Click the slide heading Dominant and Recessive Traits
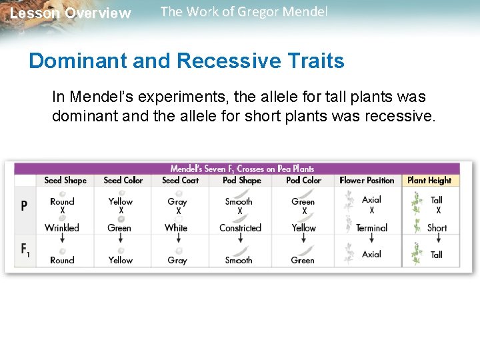[187, 61]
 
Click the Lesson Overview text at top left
[71, 13]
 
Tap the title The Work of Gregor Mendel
[244, 12]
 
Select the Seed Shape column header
[66, 180]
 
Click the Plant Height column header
[429, 180]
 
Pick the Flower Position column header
[367, 180]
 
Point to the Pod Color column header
[303, 180]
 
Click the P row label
[24, 206]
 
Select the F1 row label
[25, 250]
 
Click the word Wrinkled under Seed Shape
[62, 227]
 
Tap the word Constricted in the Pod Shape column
[240, 227]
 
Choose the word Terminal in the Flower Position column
[371, 227]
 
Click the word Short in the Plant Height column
[437, 227]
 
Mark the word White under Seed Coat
[176, 227]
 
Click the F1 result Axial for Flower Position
[371, 254]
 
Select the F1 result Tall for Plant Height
[437, 254]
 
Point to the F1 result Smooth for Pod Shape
[239, 260]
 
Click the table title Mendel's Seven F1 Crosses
[242, 169]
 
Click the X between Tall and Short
[438, 211]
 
